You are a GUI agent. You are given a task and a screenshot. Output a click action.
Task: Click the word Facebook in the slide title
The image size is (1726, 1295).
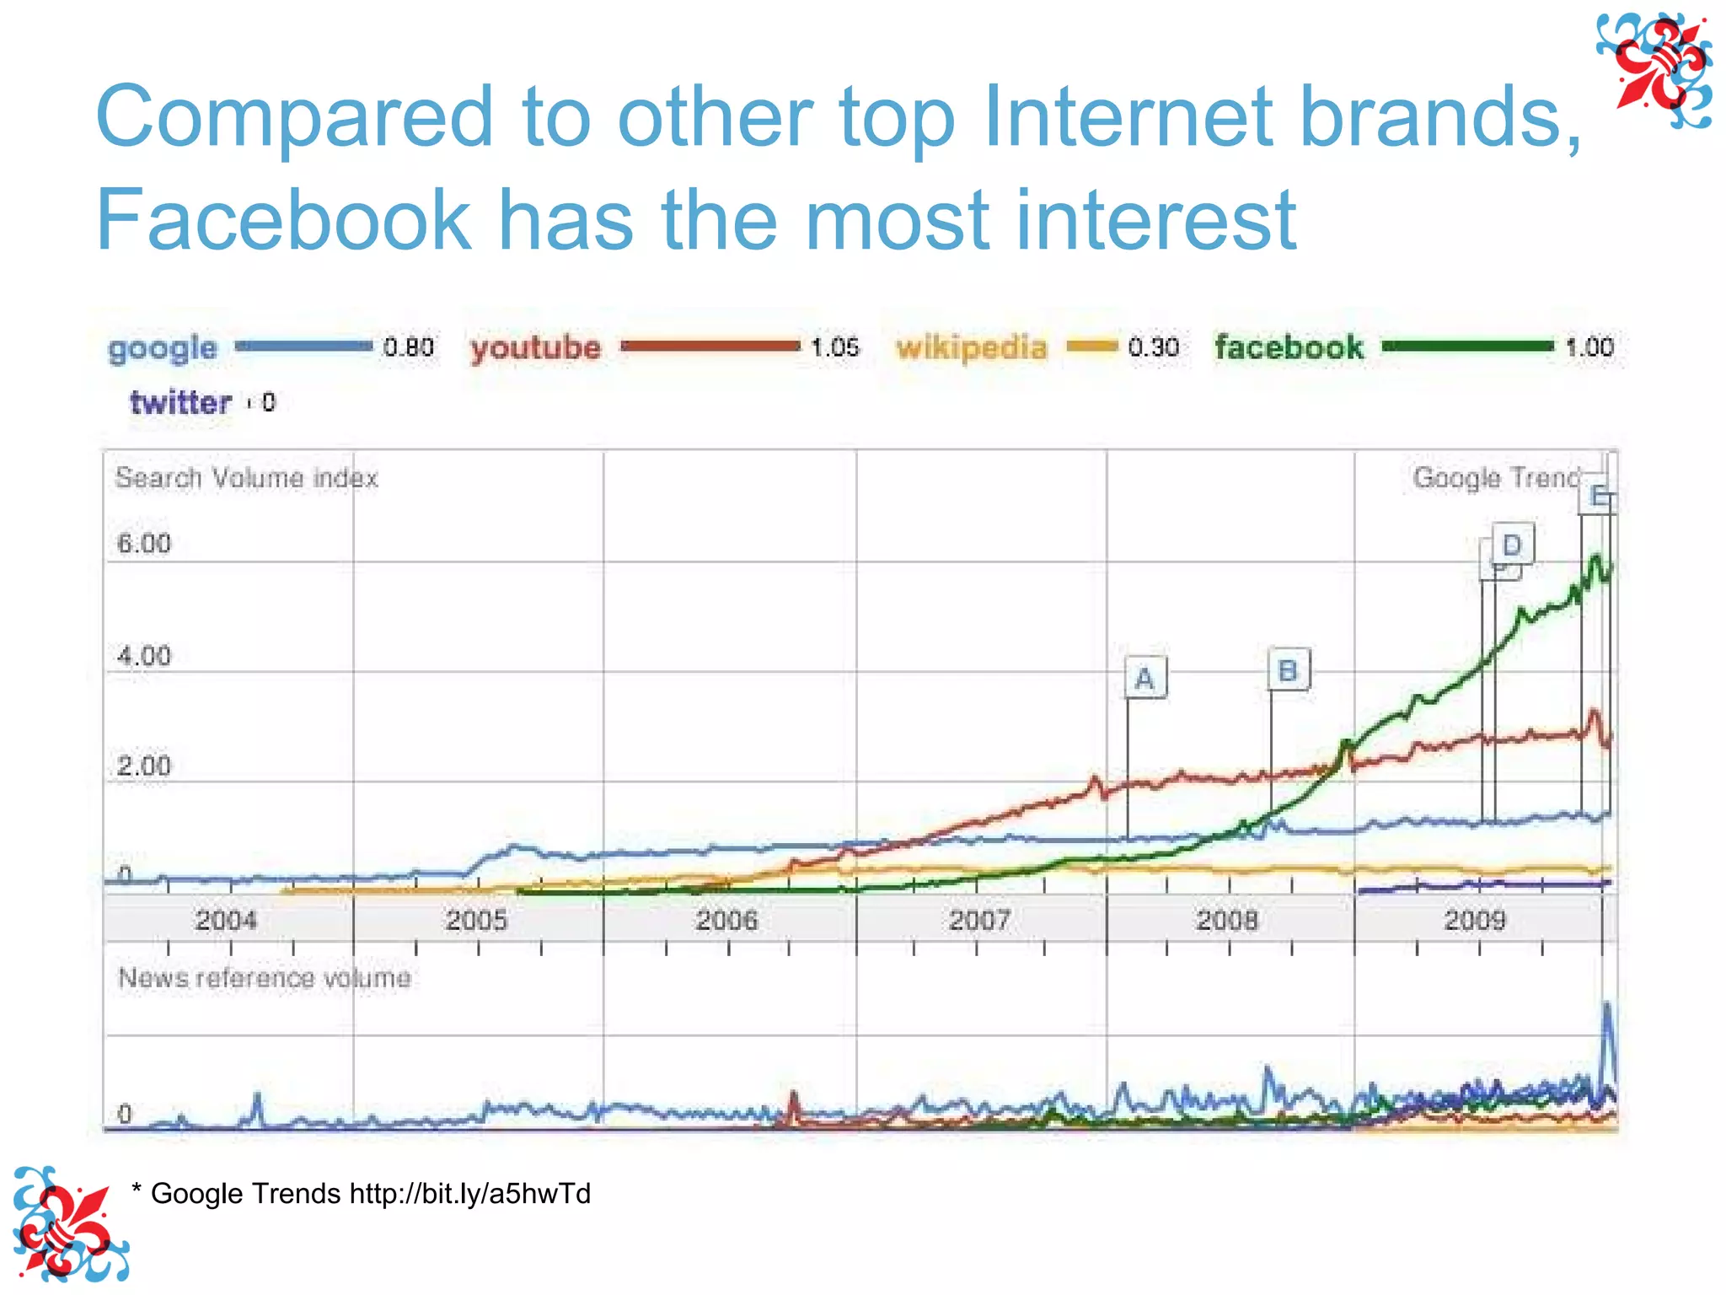[x=282, y=219]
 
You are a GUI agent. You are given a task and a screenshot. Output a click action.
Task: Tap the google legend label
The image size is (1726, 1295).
[x=163, y=348]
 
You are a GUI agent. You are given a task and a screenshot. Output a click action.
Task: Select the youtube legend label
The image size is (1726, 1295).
[x=536, y=347]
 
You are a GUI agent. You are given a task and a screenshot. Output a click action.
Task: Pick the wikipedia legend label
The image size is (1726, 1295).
[x=971, y=347]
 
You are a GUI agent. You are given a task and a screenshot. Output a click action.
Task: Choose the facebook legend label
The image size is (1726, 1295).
[x=1289, y=347]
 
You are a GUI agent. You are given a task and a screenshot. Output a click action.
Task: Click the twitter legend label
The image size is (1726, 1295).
[x=180, y=402]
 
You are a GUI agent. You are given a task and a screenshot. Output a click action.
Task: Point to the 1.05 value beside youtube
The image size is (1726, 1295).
[x=834, y=347]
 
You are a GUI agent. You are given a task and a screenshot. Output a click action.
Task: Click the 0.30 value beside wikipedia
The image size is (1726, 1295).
[x=1153, y=347]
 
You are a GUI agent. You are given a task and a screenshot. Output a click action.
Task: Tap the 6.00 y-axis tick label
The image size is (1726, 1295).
[x=144, y=544]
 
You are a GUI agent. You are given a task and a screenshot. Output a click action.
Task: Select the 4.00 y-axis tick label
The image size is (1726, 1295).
[x=144, y=656]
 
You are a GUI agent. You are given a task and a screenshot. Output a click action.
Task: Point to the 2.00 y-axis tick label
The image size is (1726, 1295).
[x=144, y=766]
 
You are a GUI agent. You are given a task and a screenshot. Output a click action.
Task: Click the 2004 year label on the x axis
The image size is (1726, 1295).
[x=226, y=920]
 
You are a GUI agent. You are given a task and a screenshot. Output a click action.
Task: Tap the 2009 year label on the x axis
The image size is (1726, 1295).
[x=1475, y=920]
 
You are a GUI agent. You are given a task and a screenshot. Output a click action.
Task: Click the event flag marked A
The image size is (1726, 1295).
[x=1144, y=678]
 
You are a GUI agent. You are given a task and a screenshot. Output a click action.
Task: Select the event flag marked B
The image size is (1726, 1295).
[x=1288, y=670]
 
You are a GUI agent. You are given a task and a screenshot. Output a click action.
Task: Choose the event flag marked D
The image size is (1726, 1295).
[x=1512, y=545]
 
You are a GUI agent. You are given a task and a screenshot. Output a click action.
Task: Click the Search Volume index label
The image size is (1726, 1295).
[x=246, y=478]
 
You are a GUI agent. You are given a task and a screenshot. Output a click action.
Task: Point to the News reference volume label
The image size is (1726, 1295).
[x=265, y=978]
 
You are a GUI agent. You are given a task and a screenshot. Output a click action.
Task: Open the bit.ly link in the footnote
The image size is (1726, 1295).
[x=469, y=1194]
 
